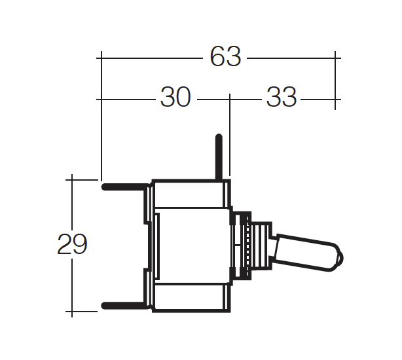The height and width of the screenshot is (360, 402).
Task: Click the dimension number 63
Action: tap(225, 57)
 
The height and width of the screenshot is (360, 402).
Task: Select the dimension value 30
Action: tap(175, 97)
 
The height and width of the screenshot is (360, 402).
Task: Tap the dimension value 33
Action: tap(282, 97)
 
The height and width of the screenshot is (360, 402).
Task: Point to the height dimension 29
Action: tap(72, 244)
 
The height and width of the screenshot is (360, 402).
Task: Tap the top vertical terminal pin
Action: tap(219, 157)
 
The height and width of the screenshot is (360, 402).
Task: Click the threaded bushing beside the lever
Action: tap(261, 245)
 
